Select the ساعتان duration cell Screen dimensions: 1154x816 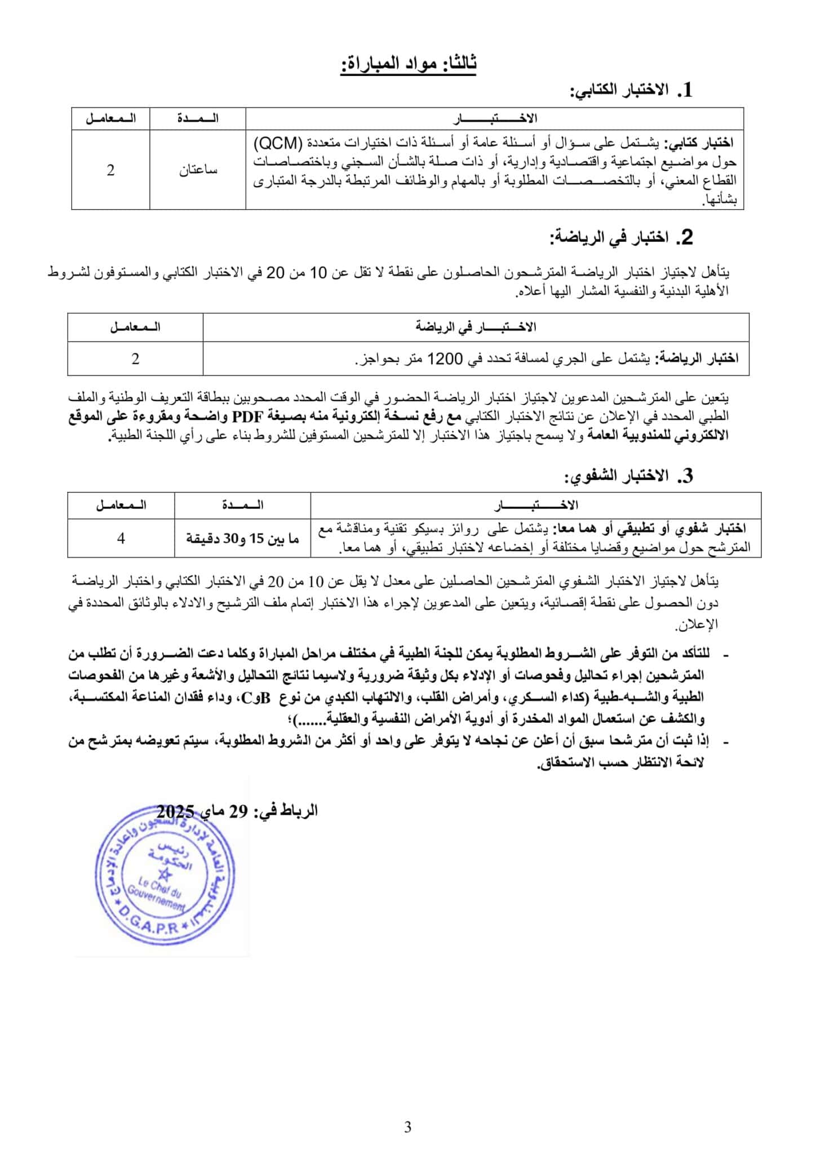click(x=198, y=170)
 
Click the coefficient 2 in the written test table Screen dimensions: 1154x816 click(x=110, y=170)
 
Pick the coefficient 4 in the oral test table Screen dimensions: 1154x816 click(x=121, y=539)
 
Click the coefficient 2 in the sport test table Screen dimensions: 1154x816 click(x=135, y=358)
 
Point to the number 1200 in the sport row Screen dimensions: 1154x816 click(x=446, y=358)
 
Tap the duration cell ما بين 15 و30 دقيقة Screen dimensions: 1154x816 click(x=243, y=539)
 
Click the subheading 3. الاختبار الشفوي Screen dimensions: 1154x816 click(x=628, y=476)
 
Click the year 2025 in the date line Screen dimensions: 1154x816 click(x=175, y=811)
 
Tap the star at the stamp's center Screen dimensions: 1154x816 click(x=165, y=875)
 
